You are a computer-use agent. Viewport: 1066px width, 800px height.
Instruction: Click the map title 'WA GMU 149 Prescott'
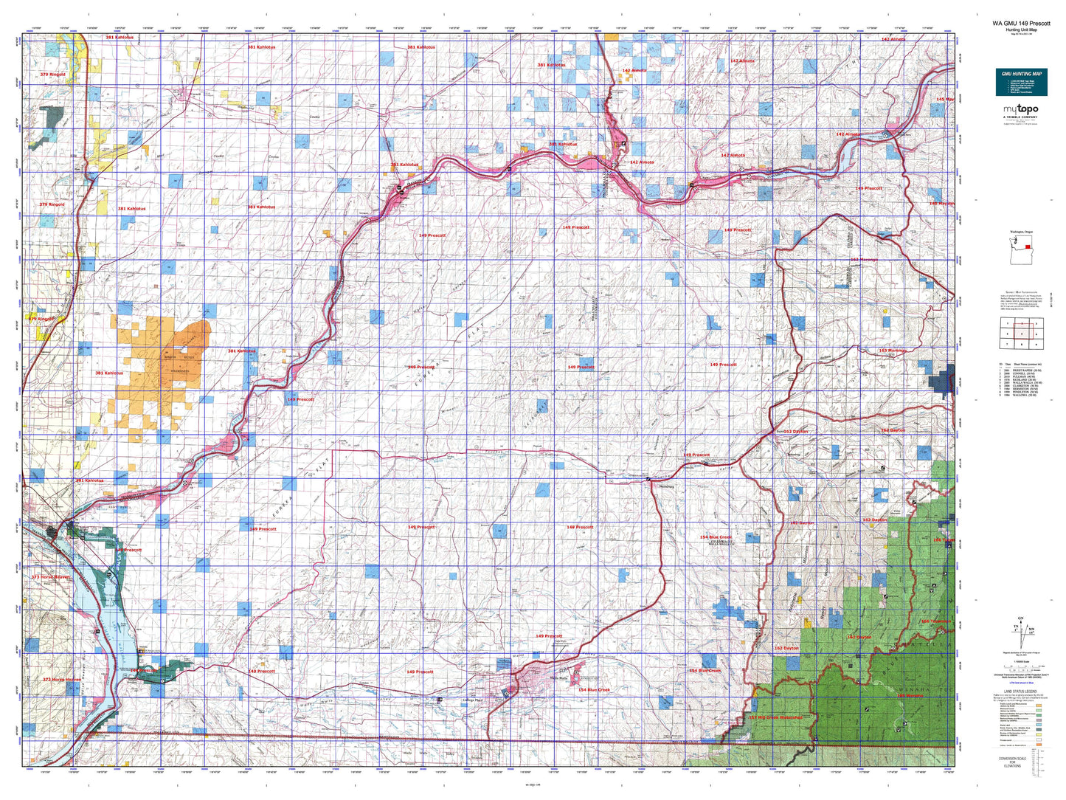point(1021,23)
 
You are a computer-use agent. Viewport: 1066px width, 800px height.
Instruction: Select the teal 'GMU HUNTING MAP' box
point(1021,81)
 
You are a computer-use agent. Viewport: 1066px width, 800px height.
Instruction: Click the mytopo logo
point(1021,109)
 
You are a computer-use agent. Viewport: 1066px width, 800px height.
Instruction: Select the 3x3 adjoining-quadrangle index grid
point(1020,333)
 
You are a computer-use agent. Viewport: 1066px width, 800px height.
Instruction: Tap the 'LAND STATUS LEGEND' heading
point(1019,692)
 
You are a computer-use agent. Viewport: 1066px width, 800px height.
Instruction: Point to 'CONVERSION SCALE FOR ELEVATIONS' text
point(1012,762)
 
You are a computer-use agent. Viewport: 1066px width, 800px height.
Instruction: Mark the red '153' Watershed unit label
point(774,717)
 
